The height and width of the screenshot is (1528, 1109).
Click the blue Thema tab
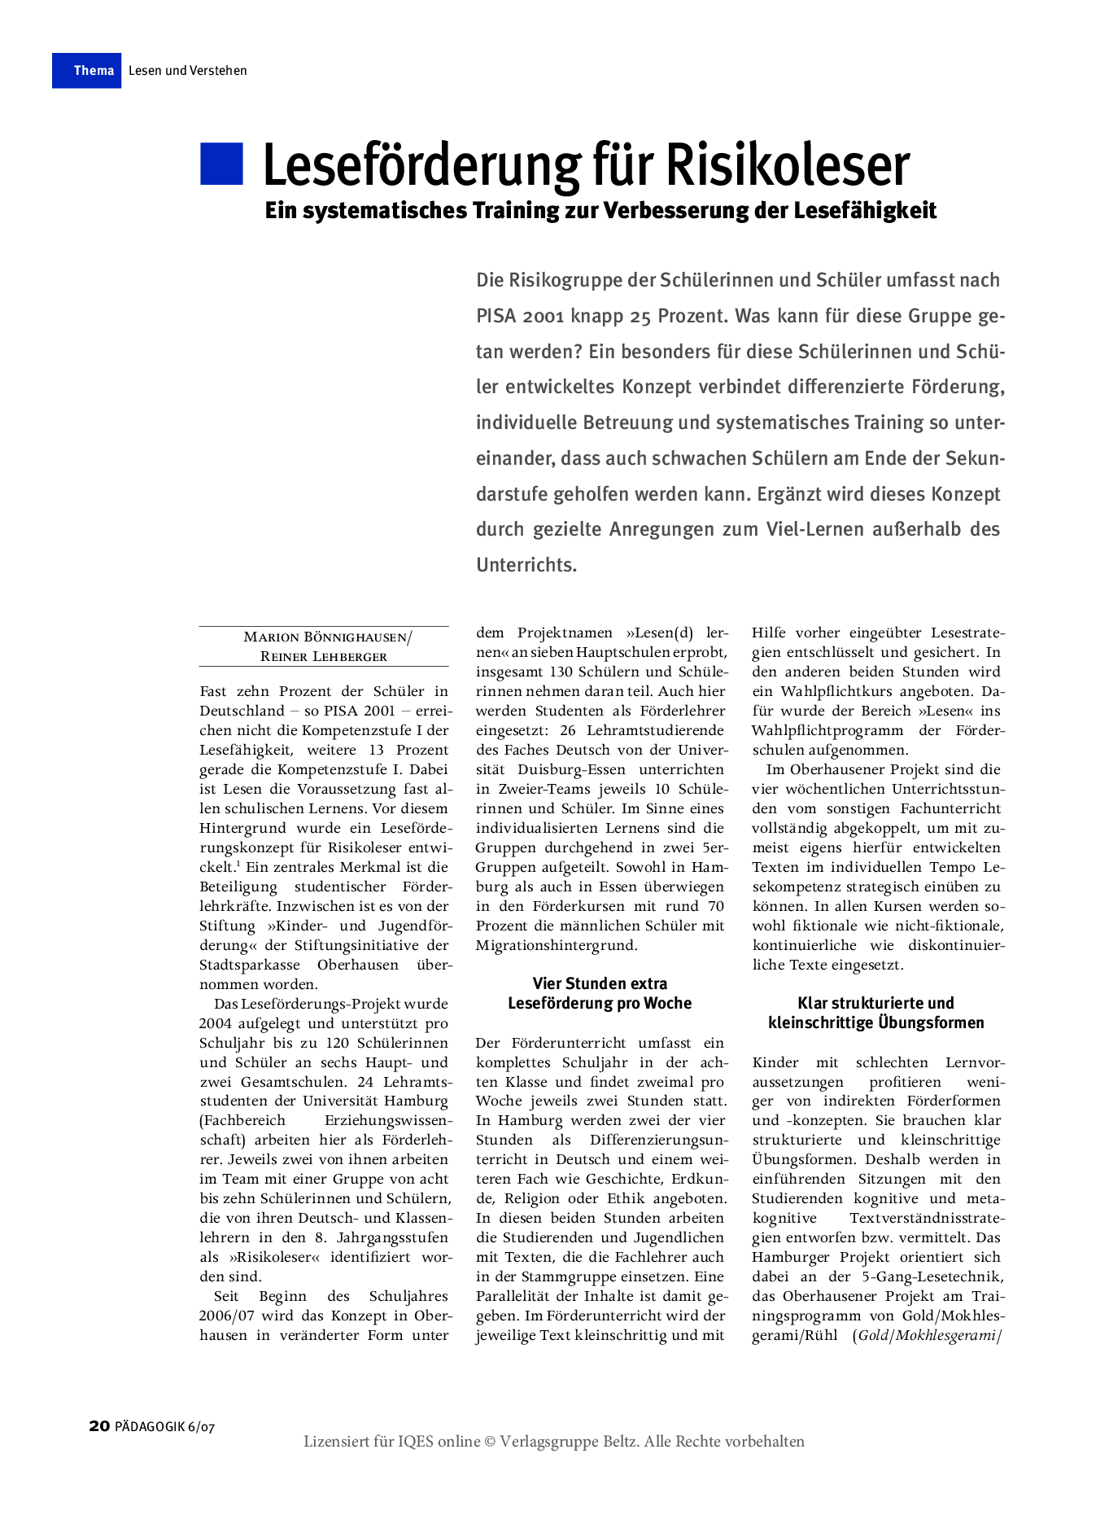[87, 71]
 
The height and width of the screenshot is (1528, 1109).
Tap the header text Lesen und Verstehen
[188, 71]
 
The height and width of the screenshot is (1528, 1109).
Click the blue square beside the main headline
[221, 164]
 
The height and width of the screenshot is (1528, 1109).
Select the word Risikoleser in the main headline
[788, 166]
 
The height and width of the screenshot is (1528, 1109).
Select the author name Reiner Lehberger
[324, 657]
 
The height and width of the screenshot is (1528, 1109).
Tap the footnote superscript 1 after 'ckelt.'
[238, 863]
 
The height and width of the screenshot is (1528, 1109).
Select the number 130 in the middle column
[566, 672]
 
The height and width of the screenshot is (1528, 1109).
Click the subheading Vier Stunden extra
[600, 983]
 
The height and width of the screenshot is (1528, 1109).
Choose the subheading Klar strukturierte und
[875, 1003]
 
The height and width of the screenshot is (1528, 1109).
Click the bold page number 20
[99, 1426]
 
